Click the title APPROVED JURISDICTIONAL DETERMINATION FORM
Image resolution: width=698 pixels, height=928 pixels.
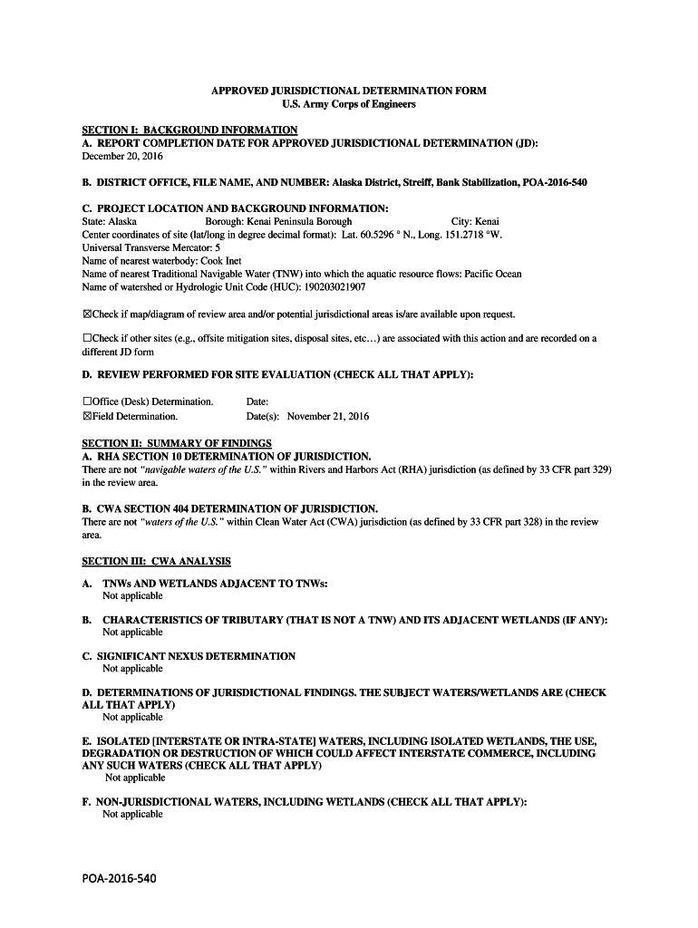(348, 91)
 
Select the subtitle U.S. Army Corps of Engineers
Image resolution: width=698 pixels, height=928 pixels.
(348, 104)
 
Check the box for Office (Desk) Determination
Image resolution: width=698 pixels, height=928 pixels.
(87, 401)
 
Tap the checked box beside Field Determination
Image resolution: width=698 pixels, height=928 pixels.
(87, 417)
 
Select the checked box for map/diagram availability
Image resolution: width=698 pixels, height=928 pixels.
(87, 314)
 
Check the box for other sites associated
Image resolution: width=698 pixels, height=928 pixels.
(87, 338)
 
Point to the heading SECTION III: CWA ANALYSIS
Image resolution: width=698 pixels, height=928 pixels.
(156, 562)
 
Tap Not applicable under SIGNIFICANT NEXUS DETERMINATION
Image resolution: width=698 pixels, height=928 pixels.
(132, 669)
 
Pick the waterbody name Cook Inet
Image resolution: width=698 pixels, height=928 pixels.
(221, 260)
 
